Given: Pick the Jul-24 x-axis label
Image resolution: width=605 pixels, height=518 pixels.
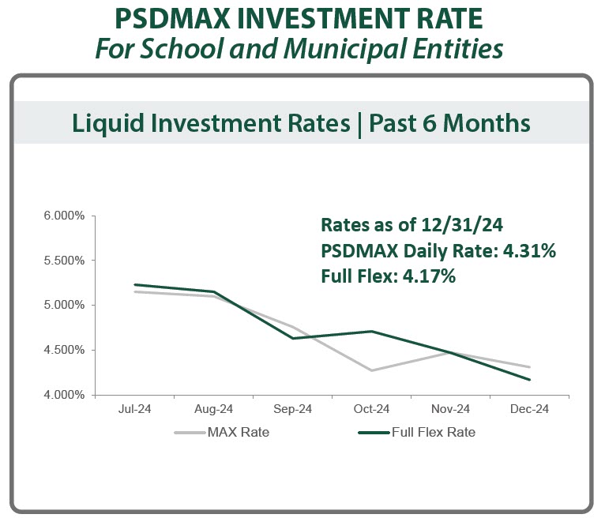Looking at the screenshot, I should click(x=134, y=409).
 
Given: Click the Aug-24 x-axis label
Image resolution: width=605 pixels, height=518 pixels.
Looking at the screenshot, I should click(x=213, y=409).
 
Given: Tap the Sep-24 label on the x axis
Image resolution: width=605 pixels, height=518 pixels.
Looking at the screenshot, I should click(x=293, y=409).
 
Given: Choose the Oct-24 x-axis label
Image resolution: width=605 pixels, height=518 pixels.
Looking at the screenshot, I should click(x=371, y=409).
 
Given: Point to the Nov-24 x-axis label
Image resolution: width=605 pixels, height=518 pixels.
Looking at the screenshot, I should click(x=451, y=409).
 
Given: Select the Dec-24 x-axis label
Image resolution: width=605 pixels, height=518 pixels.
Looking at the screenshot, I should click(x=529, y=409).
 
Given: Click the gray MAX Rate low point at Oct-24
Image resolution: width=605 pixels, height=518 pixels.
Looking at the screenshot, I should click(x=371, y=370).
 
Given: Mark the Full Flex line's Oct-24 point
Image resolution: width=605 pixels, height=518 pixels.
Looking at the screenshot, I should click(x=371, y=332).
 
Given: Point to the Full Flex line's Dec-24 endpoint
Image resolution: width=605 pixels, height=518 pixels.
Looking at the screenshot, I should click(x=529, y=380).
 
